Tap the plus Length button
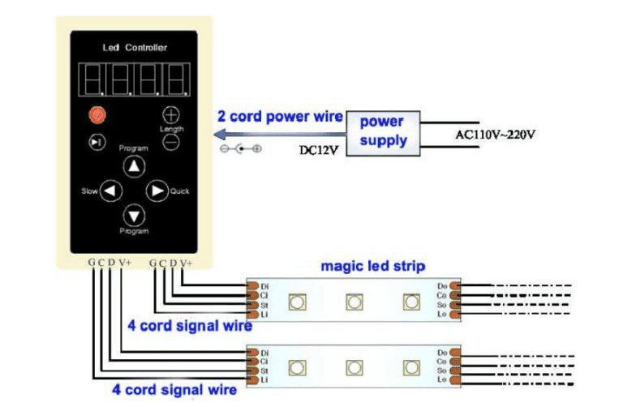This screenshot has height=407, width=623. (x=170, y=114)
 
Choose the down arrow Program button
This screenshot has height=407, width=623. (x=133, y=215)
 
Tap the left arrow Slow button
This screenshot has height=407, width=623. (x=110, y=191)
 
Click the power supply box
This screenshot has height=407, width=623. (x=381, y=131)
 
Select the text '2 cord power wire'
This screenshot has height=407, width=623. (x=281, y=116)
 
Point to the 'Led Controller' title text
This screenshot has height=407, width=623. (x=134, y=48)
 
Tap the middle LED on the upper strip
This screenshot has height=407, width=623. (x=354, y=302)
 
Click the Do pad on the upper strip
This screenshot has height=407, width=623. (x=453, y=286)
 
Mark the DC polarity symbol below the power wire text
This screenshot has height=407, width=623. (x=241, y=149)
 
